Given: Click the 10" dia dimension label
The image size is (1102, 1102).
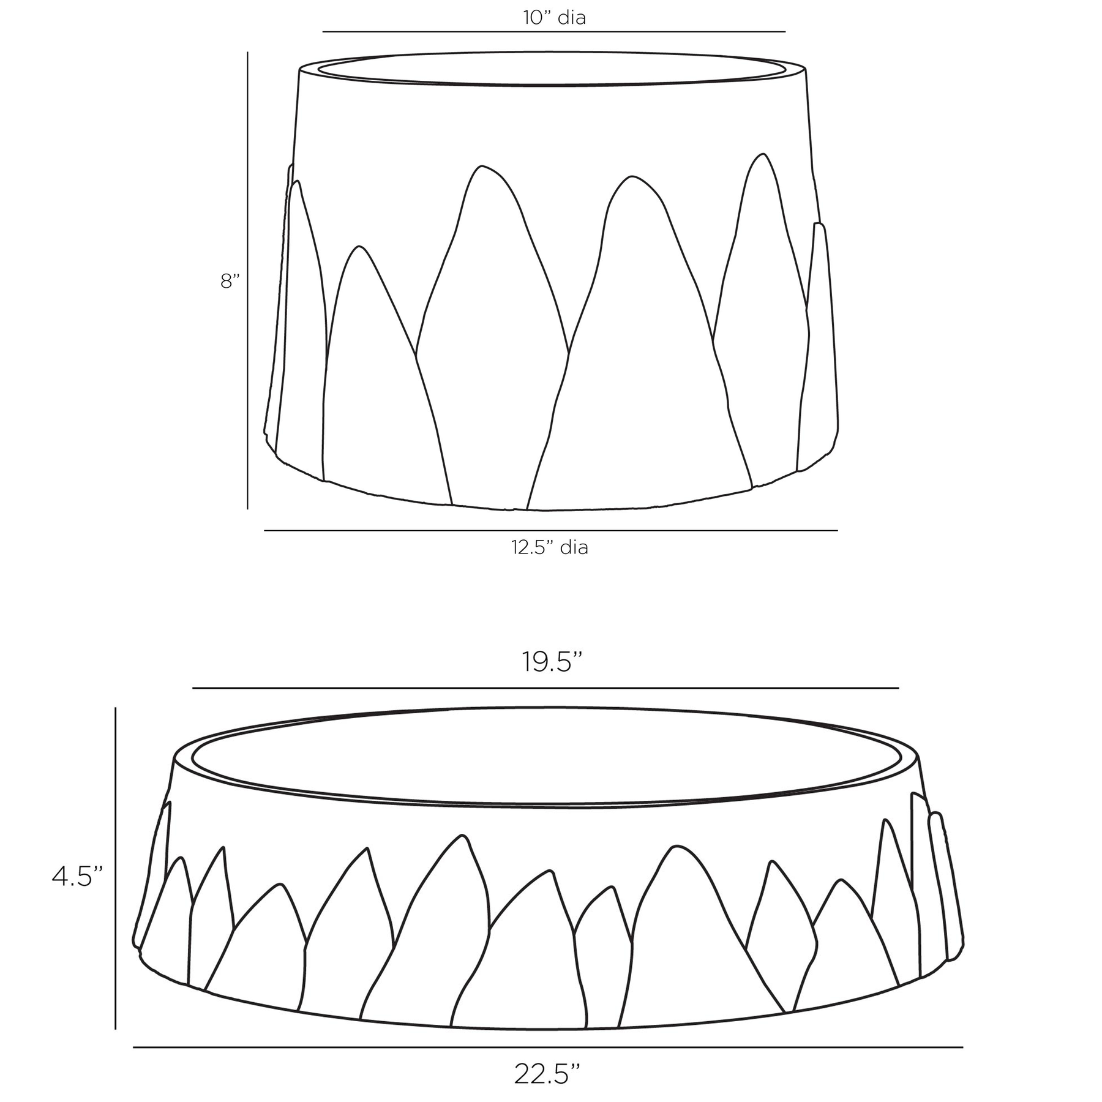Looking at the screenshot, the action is tap(554, 18).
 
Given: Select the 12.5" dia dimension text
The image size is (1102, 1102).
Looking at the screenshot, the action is tap(550, 547).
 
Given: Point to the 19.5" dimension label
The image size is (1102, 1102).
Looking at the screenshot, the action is tap(551, 661).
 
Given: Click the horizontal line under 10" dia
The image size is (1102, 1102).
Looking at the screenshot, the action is tap(553, 31).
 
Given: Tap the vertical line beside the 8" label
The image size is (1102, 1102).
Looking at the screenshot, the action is tap(247, 280).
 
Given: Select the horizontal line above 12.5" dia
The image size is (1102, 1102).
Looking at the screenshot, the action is tap(550, 530).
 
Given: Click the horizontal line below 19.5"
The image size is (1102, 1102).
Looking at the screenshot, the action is tap(545, 688).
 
